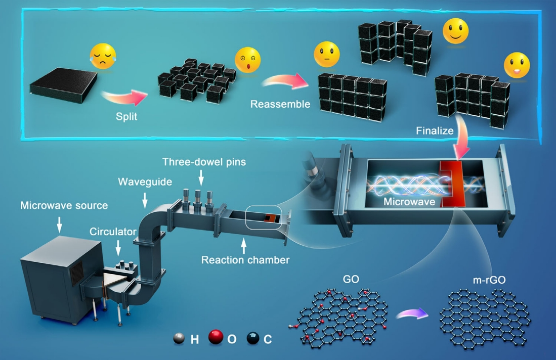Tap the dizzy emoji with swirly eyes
click(247, 60)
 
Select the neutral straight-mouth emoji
click(327, 54)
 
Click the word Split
click(126, 116)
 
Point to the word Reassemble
click(280, 104)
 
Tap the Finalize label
click(435, 131)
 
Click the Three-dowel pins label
click(204, 162)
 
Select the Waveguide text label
click(145, 182)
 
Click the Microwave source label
click(64, 205)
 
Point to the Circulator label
click(113, 232)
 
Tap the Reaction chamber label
click(245, 260)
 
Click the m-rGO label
click(489, 280)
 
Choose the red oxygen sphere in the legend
click(216, 337)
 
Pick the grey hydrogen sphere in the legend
click(179, 339)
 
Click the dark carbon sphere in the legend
click(253, 338)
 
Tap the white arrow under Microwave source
click(60, 224)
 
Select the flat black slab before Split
click(64, 85)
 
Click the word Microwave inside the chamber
click(409, 202)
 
